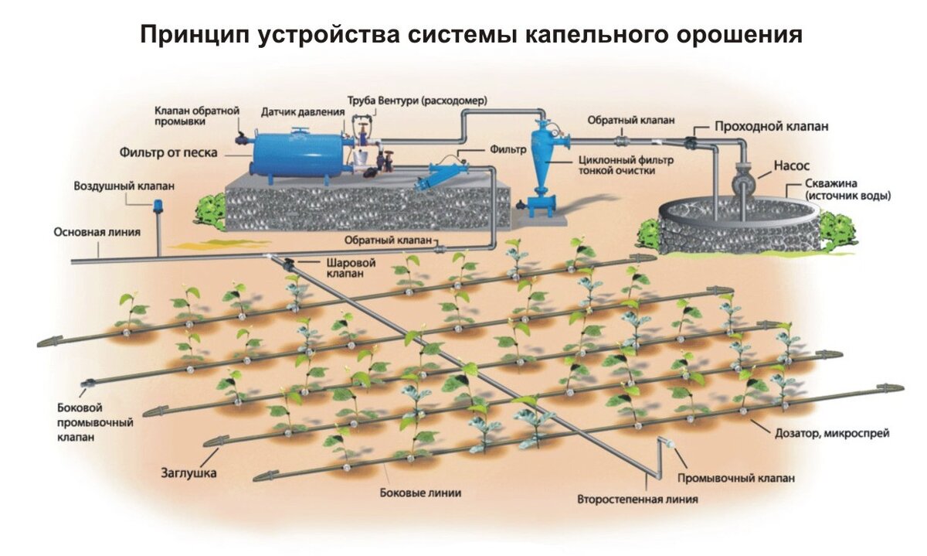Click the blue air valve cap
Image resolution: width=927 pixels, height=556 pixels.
point(159,205)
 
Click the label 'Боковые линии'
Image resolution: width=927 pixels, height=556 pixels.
point(421,493)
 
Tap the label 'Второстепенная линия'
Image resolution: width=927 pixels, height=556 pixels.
point(637,499)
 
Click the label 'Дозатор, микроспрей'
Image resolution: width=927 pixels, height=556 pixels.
point(831,434)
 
